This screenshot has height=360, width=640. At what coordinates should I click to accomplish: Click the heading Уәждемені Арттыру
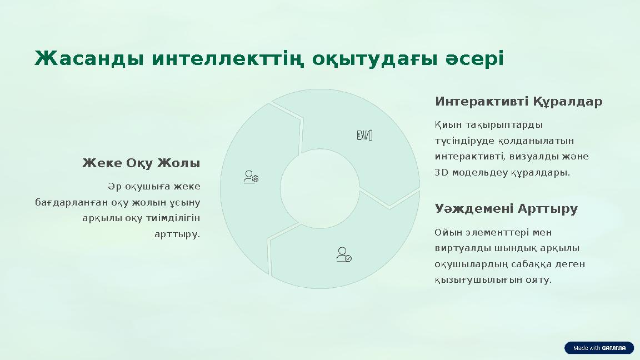click(x=506, y=209)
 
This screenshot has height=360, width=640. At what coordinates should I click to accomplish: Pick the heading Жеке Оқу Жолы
click(x=141, y=163)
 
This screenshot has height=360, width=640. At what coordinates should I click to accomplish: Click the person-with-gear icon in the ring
click(x=251, y=177)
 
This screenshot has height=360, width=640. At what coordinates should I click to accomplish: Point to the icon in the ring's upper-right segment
click(x=364, y=135)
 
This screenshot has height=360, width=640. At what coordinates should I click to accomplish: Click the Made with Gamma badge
click(x=599, y=348)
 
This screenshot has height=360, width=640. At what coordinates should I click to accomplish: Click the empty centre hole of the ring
click(x=319, y=189)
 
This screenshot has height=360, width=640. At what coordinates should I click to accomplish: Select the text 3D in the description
click(x=441, y=173)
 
